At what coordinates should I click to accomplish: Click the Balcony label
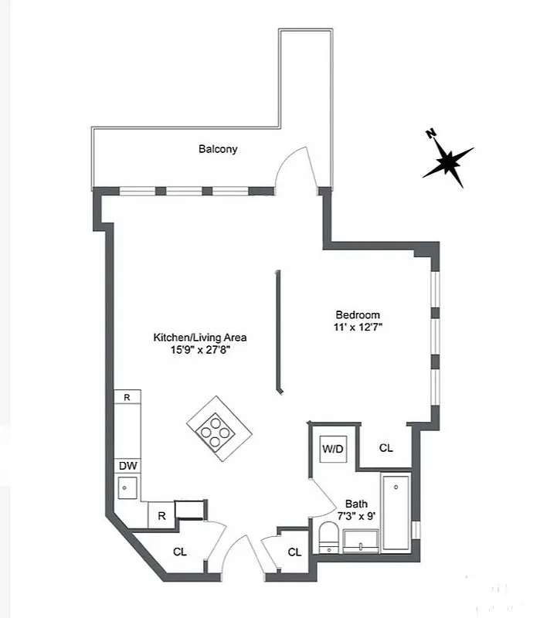coord(218,149)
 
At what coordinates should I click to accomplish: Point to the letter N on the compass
coord(430,134)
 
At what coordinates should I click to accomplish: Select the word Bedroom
coord(358,314)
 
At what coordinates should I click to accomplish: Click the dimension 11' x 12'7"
coord(358,327)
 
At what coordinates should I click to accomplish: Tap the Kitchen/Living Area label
coord(200,338)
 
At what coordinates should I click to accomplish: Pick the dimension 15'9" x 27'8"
coord(200,350)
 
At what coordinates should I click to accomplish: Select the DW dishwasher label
coord(127,466)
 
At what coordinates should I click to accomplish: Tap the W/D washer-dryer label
coord(332,449)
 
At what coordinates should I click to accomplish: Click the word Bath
coord(356,503)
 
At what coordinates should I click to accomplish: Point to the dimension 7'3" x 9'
coord(355,515)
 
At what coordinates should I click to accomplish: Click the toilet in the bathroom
coord(329,537)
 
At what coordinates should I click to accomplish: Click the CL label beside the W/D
coord(386,448)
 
